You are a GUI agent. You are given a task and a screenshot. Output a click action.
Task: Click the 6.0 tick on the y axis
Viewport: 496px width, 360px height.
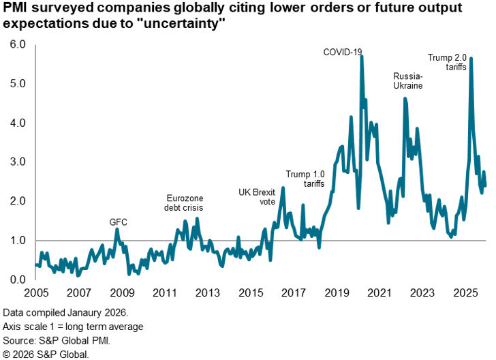tap(16, 45)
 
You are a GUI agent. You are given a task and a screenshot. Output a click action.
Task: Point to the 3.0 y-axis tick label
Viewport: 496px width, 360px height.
tap(16, 162)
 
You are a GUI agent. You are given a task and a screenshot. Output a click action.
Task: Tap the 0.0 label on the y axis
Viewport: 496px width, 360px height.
tap(16, 280)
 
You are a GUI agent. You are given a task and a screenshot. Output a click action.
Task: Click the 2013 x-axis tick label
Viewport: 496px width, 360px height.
tap(207, 293)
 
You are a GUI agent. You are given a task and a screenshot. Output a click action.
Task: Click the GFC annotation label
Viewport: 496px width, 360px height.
tap(119, 222)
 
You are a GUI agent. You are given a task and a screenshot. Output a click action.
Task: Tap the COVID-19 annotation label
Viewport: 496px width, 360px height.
tap(343, 52)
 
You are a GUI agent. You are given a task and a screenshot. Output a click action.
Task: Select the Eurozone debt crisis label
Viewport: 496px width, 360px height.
tap(185, 202)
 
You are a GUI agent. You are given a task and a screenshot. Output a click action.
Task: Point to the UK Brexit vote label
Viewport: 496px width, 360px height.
tap(257, 196)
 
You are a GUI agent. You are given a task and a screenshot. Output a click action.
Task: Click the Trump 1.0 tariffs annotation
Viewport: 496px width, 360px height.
tap(305, 179)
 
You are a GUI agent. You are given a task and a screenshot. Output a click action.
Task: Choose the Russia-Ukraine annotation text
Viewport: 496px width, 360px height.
tap(408, 81)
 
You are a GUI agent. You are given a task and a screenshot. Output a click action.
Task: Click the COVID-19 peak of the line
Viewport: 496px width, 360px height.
tap(361, 57)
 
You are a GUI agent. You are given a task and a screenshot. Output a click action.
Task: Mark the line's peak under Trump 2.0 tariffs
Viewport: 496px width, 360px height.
tap(471, 59)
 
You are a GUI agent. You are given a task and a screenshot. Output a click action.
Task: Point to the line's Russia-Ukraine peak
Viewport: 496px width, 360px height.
tap(405, 99)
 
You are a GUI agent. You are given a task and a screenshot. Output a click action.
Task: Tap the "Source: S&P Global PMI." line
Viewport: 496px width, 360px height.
tap(57, 340)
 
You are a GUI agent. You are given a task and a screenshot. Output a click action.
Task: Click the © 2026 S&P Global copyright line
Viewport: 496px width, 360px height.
tap(46, 353)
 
